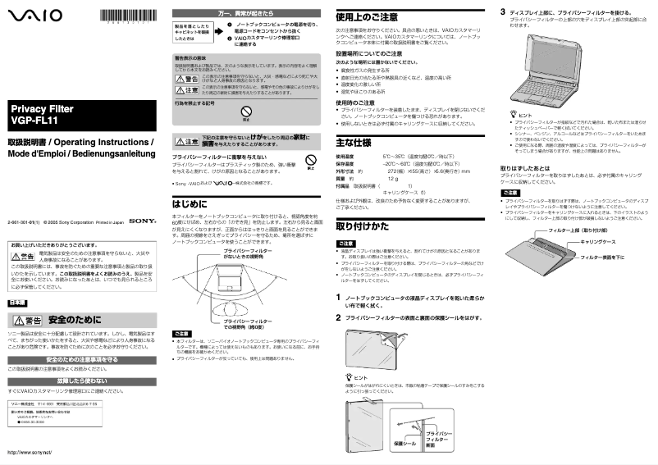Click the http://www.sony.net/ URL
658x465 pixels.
click(x=30, y=453)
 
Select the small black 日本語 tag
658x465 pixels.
click(x=17, y=303)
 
